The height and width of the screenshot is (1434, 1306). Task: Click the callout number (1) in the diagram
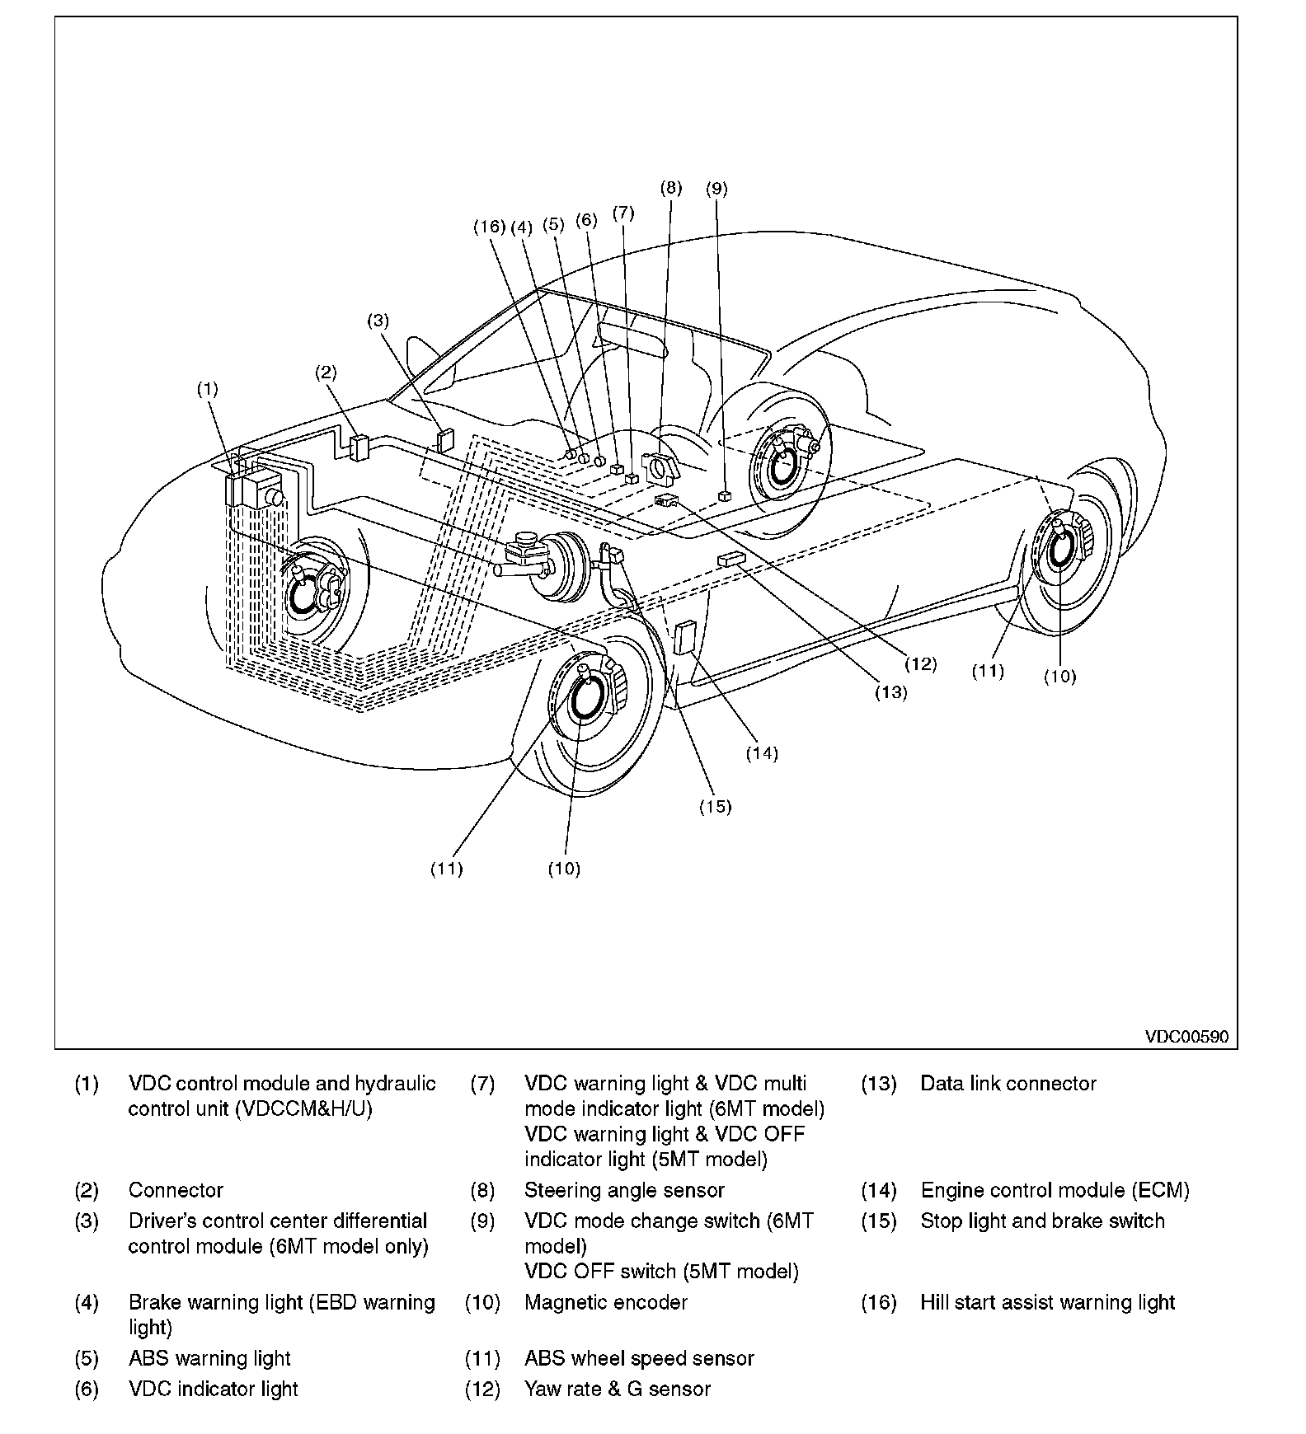coord(207,389)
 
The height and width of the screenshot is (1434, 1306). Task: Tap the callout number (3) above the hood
coord(378,320)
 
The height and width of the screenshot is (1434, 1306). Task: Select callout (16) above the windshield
coord(488,226)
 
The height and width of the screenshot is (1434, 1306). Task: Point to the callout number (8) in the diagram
coord(670,187)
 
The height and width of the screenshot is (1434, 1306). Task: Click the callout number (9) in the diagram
coord(716,189)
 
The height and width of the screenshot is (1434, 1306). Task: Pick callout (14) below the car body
coord(761,752)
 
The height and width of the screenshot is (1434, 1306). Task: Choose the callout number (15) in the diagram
coord(715,806)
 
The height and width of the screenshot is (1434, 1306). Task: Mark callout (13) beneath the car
coord(890,692)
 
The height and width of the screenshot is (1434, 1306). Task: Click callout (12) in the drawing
coord(920,663)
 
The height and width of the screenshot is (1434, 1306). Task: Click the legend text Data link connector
coord(1008,1083)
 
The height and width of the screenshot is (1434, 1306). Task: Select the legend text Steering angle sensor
coord(624,1190)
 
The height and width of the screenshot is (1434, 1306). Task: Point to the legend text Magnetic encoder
coord(605,1302)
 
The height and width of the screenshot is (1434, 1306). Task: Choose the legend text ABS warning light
coord(209,1358)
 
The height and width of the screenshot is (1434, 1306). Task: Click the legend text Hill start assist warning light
coord(1047,1302)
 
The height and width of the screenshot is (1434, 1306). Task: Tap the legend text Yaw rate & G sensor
coord(617,1389)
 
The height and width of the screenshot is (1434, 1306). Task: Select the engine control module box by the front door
coord(685,637)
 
